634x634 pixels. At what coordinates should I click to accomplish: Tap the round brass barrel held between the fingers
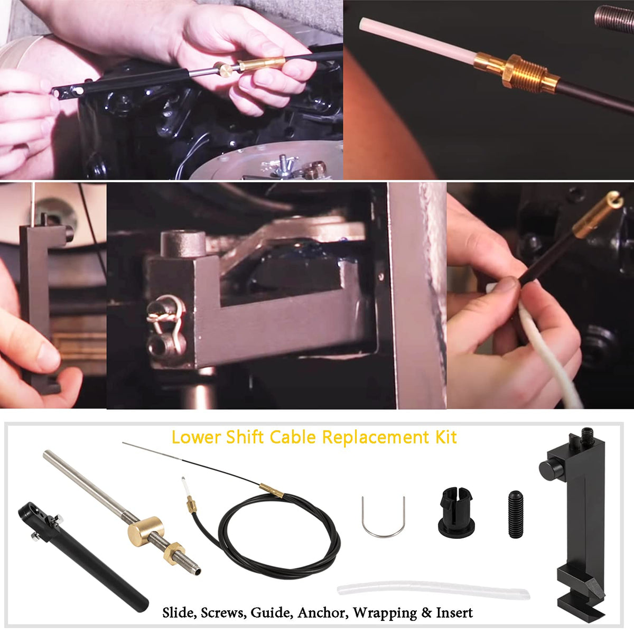(x=226, y=69)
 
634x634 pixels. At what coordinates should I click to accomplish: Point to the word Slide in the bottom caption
(x=179, y=613)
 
